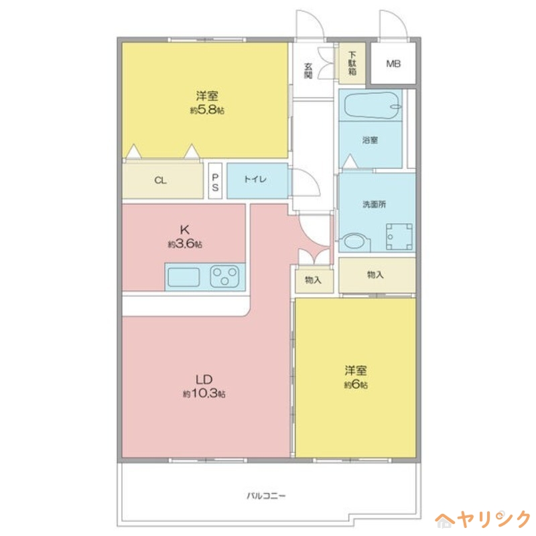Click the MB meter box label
[x=393, y=64]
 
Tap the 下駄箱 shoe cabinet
[x=352, y=63]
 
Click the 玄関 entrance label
[x=308, y=70]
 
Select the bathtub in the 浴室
[x=371, y=105]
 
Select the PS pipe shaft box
[x=215, y=181]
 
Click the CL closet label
[x=161, y=180]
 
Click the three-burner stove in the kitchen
[x=225, y=276]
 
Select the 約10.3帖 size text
[x=204, y=394]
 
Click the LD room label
[x=204, y=379]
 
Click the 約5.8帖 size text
[x=206, y=110]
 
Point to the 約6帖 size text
[x=356, y=385]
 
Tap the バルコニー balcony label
[x=266, y=496]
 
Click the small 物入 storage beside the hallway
[x=314, y=279]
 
